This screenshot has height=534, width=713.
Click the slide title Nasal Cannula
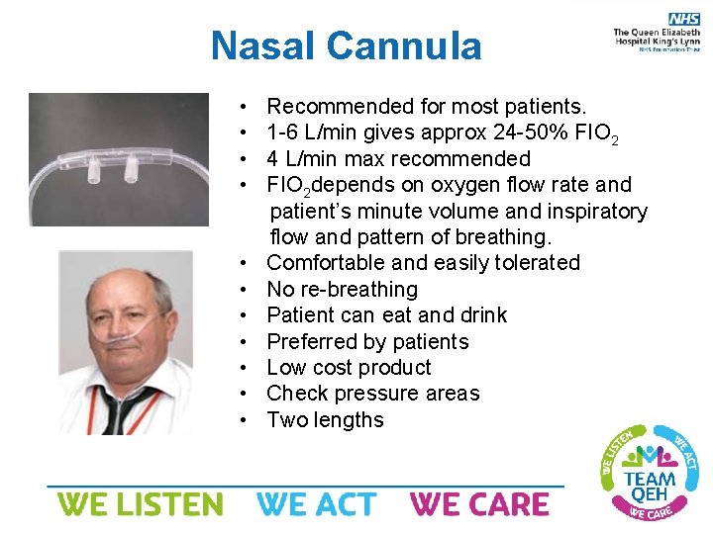[346, 45]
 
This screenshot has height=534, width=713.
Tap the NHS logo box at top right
[683, 19]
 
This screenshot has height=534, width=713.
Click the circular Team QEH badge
[649, 472]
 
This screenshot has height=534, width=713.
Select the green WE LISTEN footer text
[140, 504]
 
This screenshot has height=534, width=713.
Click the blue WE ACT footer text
[316, 504]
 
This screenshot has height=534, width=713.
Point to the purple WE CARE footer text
[479, 504]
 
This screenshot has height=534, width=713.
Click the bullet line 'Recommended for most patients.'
[426, 106]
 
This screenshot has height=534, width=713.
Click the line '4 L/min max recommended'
[398, 158]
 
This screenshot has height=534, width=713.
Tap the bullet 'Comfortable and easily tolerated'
[423, 263]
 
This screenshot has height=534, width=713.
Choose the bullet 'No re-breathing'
[342, 289]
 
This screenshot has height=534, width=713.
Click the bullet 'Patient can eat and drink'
[386, 315]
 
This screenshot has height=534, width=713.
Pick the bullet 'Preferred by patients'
[367, 341]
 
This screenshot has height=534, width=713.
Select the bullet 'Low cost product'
[349, 368]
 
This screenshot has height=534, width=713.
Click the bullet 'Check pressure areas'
[372, 394]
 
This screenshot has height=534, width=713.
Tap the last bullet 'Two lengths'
[325, 420]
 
